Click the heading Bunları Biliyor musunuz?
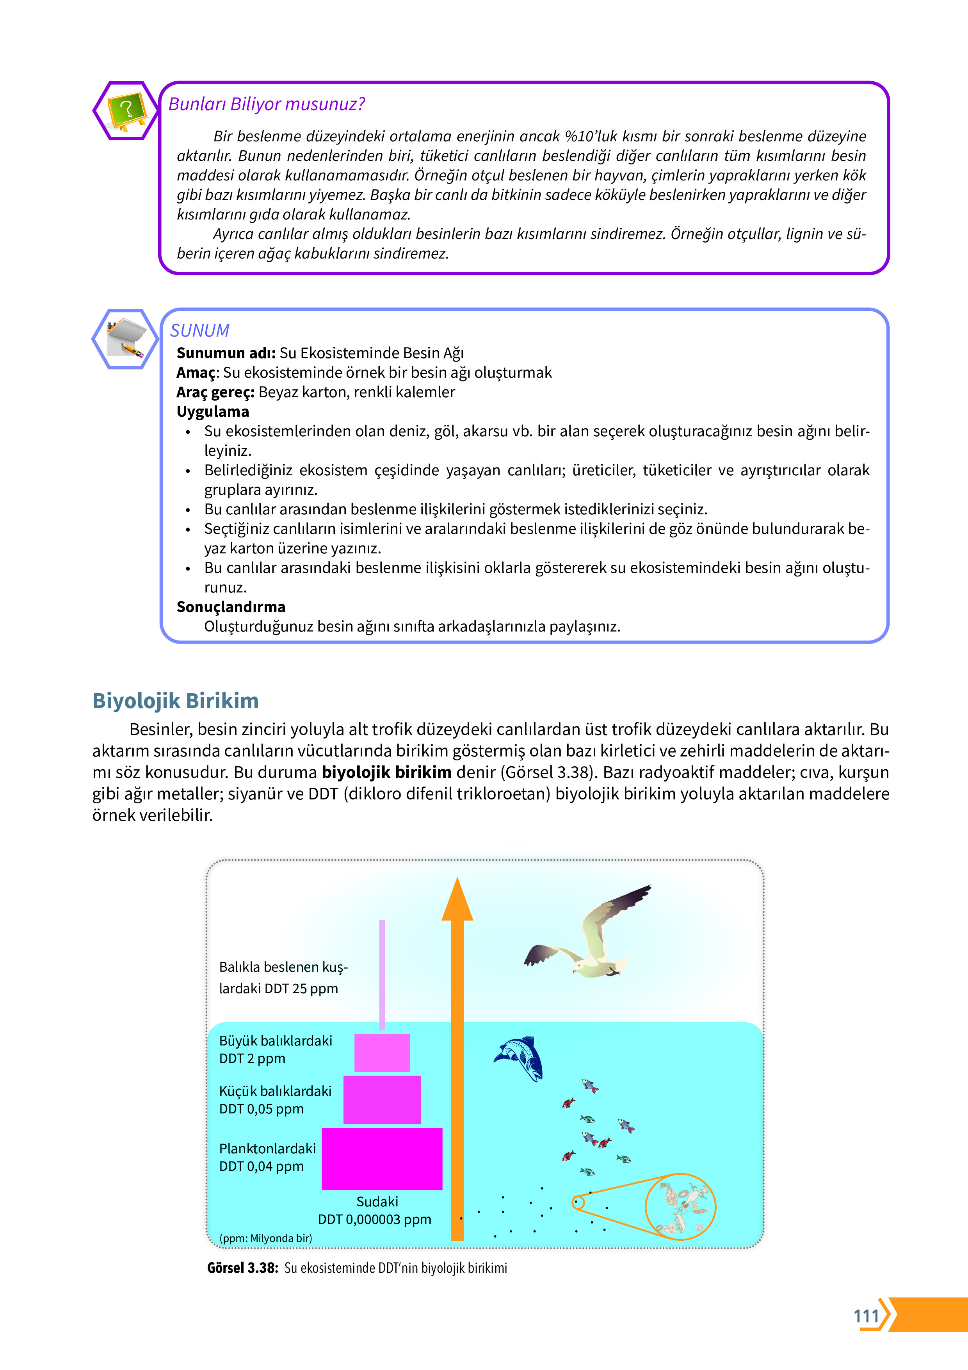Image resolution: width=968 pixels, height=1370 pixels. tap(266, 104)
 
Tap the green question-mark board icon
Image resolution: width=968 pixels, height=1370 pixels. tap(126, 111)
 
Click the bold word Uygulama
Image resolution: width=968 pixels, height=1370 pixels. tap(212, 412)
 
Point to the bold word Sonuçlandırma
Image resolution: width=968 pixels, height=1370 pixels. tap(231, 607)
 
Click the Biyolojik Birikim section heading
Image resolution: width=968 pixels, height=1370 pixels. tap(175, 701)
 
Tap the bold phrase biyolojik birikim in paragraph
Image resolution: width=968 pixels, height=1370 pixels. tap(386, 772)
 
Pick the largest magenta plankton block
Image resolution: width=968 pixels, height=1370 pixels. tap(382, 1158)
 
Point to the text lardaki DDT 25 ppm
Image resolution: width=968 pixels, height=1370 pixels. tap(278, 989)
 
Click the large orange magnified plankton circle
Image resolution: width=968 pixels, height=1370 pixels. tap(680, 1206)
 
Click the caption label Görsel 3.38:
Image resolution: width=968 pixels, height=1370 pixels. tap(242, 1268)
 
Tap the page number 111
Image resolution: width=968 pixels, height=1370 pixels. tap(866, 1316)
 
